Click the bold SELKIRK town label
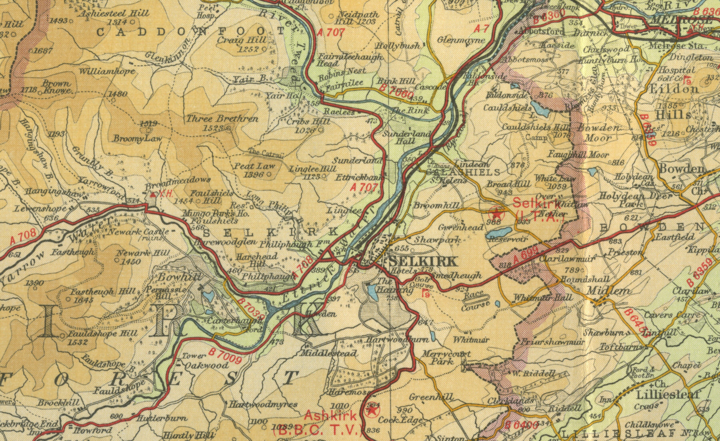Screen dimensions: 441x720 tap(422, 262)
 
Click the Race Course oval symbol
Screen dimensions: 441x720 tap(476, 297)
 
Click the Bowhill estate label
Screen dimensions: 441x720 tap(173, 277)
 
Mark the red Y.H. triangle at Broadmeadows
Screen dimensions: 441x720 tap(153, 195)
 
